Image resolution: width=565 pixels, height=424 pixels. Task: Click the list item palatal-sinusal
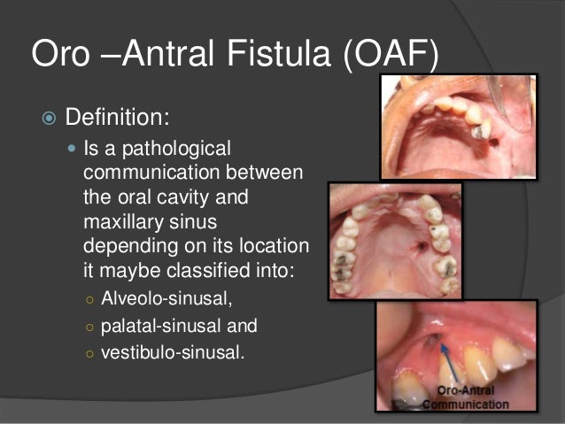click(x=179, y=325)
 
